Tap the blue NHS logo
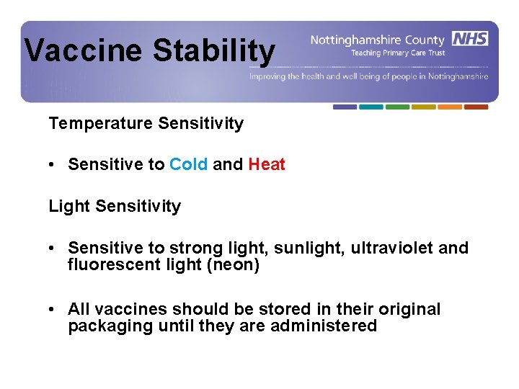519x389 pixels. pyautogui.click(x=469, y=38)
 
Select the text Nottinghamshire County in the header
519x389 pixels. pyautogui.click(x=378, y=40)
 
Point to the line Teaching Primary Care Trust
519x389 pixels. pyautogui.click(x=398, y=53)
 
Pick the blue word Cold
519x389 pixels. pyautogui.click(x=189, y=164)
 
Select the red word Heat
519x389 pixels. pyautogui.click(x=267, y=164)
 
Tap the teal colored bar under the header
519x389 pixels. pyautogui.click(x=371, y=107)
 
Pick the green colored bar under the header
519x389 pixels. pyautogui.click(x=397, y=107)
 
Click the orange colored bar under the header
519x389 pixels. pyautogui.click(x=450, y=107)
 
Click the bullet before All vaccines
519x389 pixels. pyautogui.click(x=53, y=309)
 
